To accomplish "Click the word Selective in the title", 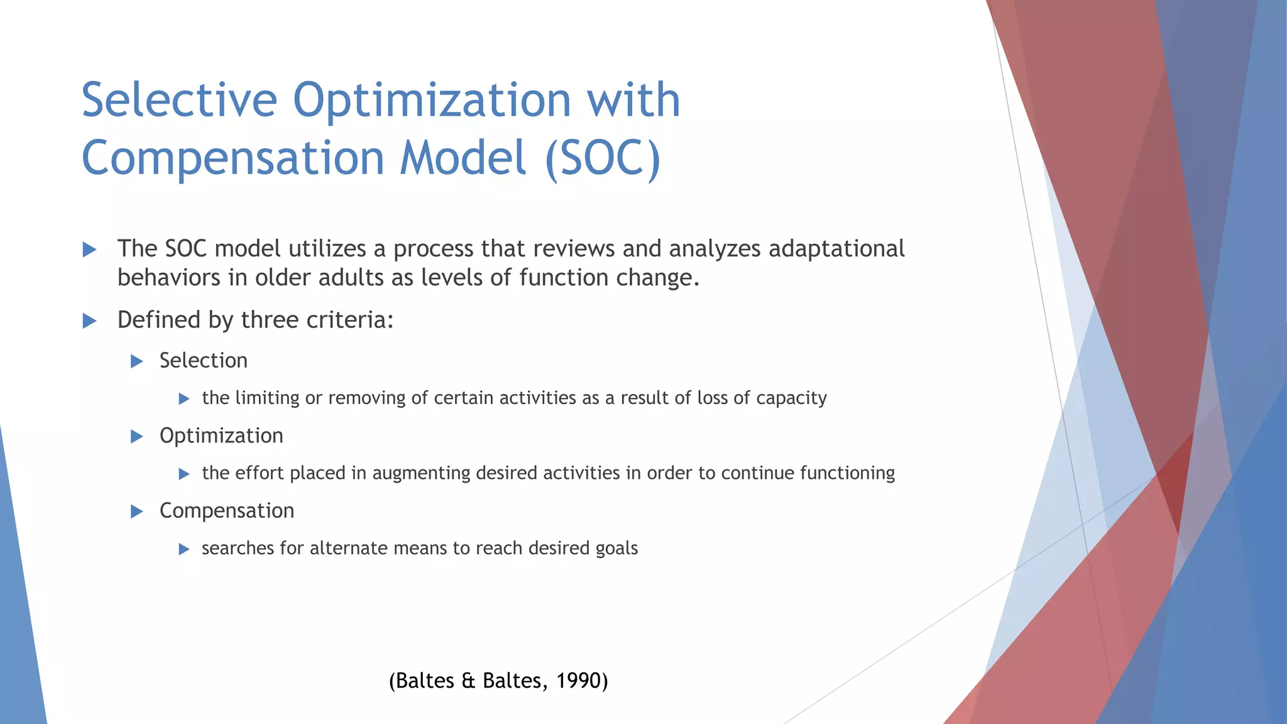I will [x=179, y=101].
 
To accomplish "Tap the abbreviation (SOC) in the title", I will [x=603, y=158].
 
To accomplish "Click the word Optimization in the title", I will [x=432, y=101].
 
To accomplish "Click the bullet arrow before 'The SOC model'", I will [x=89, y=250].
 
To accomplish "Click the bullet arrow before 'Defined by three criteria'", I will [x=89, y=321].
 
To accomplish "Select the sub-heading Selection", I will [x=203, y=361].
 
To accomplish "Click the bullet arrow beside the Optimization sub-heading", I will [x=136, y=436].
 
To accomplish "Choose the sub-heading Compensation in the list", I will [x=226, y=511].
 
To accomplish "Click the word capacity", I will [x=791, y=398].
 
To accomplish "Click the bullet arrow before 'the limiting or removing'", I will [x=184, y=398].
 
